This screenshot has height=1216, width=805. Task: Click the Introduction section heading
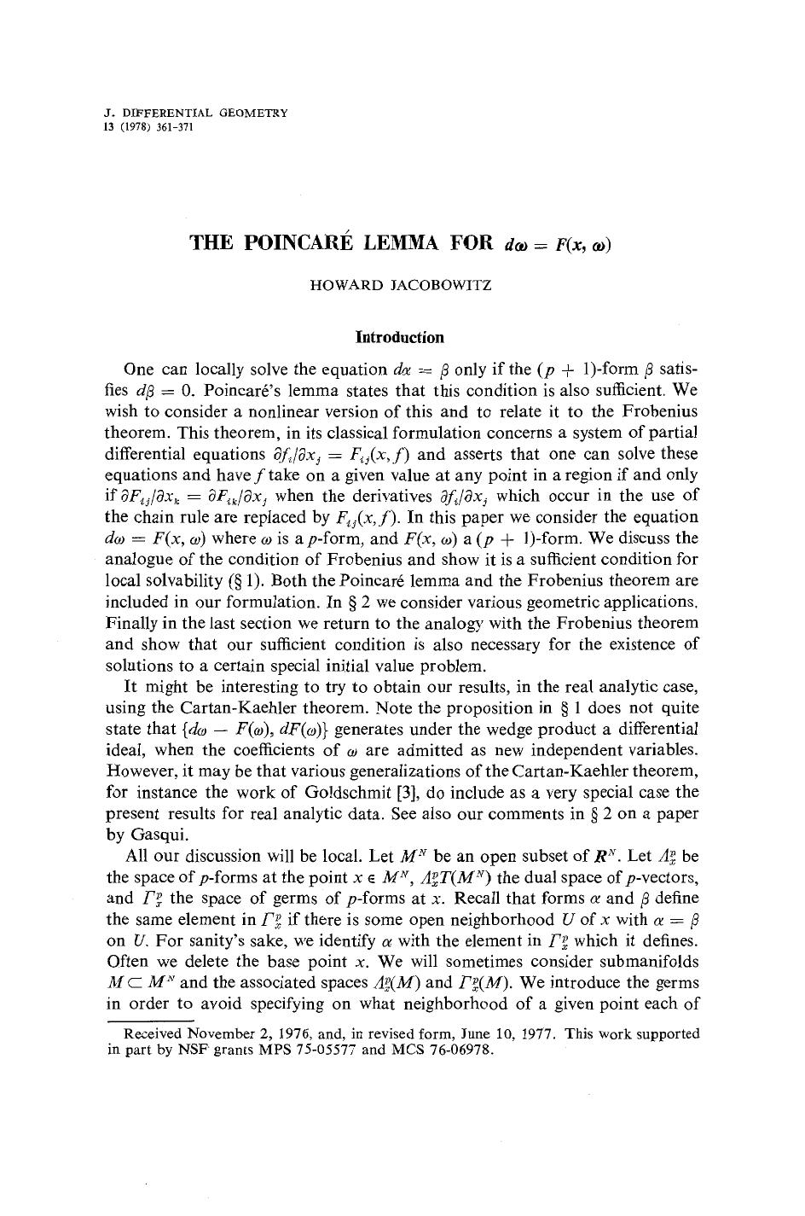pos(399,337)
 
